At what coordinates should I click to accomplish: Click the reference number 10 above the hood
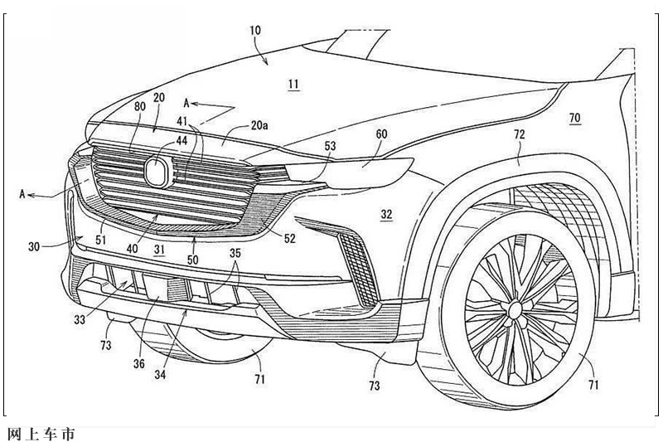pyautogui.click(x=255, y=31)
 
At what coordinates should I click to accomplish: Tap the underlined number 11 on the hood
pyautogui.click(x=294, y=84)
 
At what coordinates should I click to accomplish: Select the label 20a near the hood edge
pyautogui.click(x=259, y=125)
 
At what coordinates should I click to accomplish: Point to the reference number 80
pyautogui.click(x=140, y=106)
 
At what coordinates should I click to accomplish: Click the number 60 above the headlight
pyautogui.click(x=381, y=134)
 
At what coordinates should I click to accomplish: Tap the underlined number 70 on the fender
pyautogui.click(x=575, y=118)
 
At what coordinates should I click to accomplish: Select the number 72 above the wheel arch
pyautogui.click(x=520, y=134)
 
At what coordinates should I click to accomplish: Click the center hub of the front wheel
pyautogui.click(x=515, y=310)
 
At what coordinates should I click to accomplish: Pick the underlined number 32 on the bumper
pyautogui.click(x=386, y=215)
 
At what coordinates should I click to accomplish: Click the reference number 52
pyautogui.click(x=289, y=239)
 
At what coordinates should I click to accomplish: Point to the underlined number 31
pyautogui.click(x=159, y=250)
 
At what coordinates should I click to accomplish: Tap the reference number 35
pyautogui.click(x=235, y=253)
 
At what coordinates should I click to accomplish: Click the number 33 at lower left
pyautogui.click(x=80, y=320)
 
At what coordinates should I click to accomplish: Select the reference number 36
pyautogui.click(x=138, y=363)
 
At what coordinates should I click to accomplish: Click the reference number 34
pyautogui.click(x=160, y=374)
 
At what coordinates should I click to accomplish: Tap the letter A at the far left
pyautogui.click(x=22, y=194)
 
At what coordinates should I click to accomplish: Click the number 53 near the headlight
pyautogui.click(x=330, y=146)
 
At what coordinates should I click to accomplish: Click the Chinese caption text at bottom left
pyautogui.click(x=41, y=434)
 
